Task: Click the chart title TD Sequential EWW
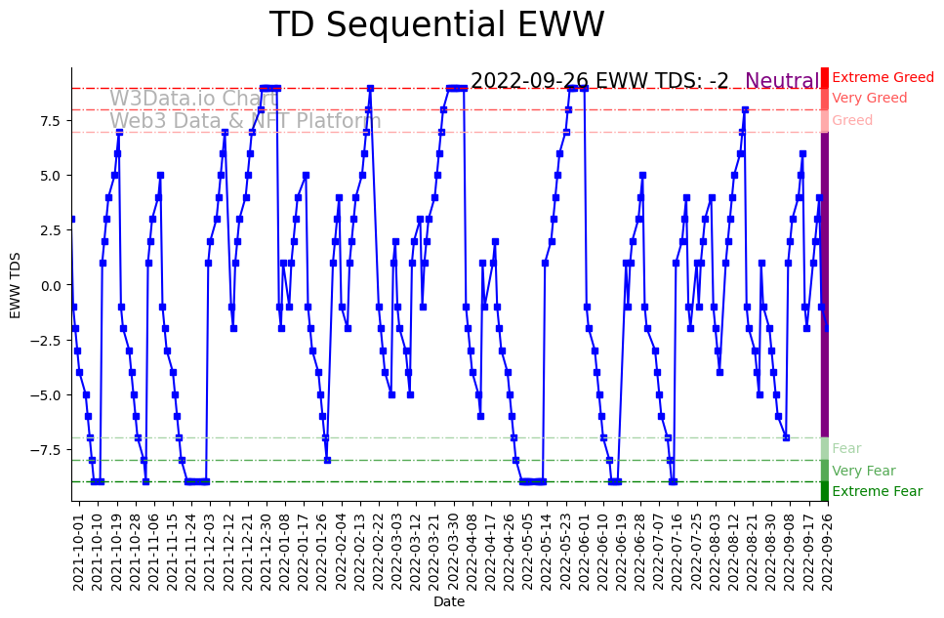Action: [436, 25]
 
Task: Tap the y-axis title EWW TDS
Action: [16, 285]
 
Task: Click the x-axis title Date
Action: [449, 602]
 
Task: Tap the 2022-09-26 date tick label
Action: [827, 553]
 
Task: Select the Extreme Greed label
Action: [882, 77]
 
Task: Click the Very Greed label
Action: [870, 99]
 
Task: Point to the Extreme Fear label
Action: [877, 492]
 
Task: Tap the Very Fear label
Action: [864, 471]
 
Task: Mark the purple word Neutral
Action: [782, 81]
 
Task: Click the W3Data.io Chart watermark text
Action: [194, 99]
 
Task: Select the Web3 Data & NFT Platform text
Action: [245, 121]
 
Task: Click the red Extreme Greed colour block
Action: [825, 77]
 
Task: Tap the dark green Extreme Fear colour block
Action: [825, 491]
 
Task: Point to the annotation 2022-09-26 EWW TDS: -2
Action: [599, 81]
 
